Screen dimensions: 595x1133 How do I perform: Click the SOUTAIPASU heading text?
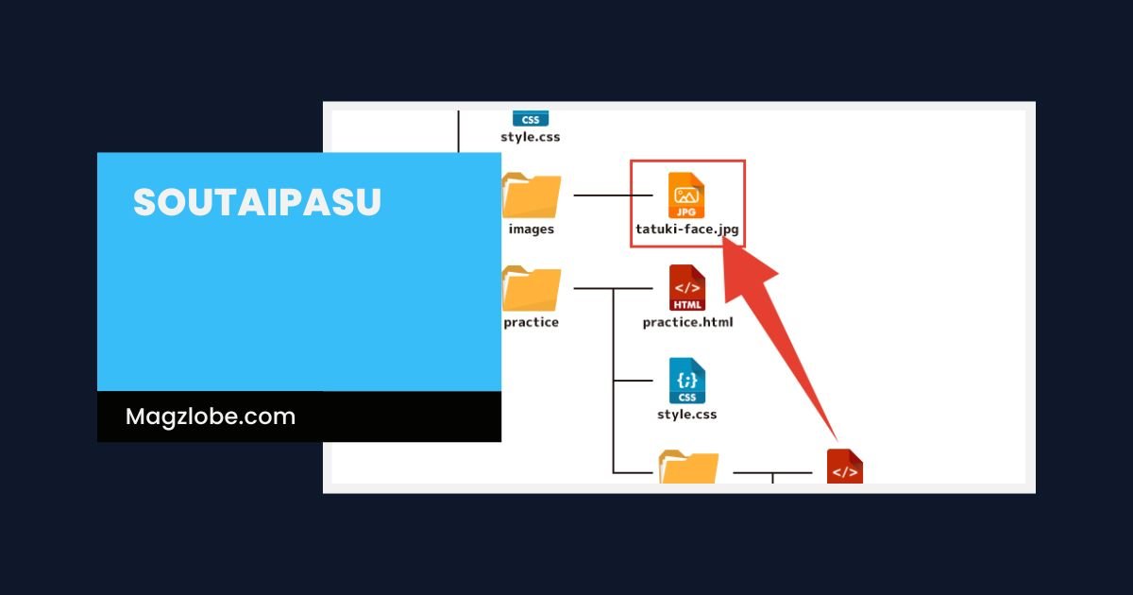click(x=257, y=203)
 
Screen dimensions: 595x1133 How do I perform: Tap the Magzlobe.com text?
click(x=211, y=416)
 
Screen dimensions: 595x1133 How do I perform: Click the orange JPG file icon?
click(x=686, y=195)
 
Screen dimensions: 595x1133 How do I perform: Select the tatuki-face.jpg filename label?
click(x=686, y=229)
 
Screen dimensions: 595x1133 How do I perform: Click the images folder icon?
click(x=532, y=196)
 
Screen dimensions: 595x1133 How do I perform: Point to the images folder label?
click(x=531, y=229)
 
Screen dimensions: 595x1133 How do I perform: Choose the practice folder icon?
click(x=532, y=289)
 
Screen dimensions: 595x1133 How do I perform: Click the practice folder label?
click(x=531, y=322)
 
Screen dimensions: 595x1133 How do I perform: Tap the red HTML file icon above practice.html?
click(x=687, y=288)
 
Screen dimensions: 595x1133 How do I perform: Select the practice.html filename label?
click(x=687, y=322)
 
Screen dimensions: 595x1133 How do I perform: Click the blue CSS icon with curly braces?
click(x=687, y=381)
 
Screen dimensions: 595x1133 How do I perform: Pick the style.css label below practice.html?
click(x=687, y=414)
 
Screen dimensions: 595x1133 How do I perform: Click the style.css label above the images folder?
click(x=531, y=137)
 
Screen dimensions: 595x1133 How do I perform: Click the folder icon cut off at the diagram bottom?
click(x=688, y=467)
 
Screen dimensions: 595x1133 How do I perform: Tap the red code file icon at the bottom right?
click(x=845, y=467)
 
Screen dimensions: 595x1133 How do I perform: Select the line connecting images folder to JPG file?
click(x=613, y=195)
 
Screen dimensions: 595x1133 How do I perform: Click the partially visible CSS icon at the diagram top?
click(x=531, y=119)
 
